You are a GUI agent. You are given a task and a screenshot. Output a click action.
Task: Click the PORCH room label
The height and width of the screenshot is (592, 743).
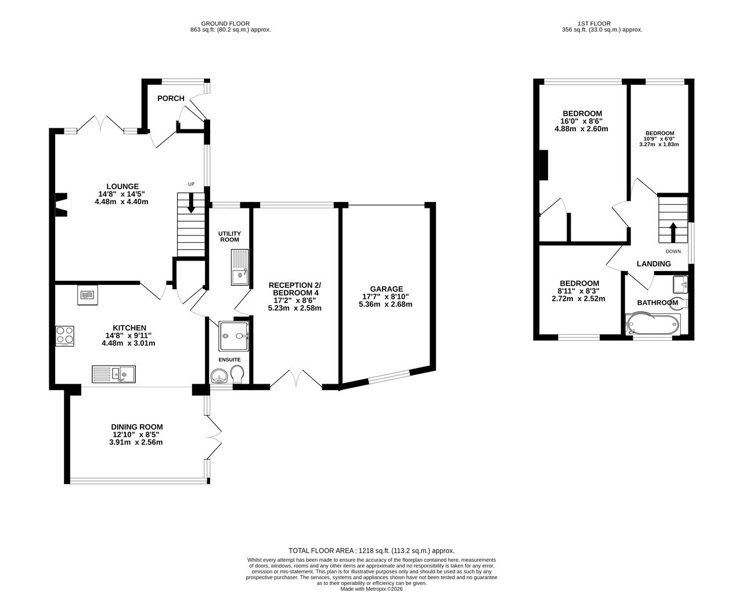171,99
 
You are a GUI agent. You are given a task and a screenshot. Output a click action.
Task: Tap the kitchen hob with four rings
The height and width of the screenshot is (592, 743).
64,335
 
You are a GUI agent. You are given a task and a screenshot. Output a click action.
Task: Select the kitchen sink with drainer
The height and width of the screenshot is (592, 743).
114,374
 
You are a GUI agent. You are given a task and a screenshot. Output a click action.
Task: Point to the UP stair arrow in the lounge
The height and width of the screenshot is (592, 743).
190,203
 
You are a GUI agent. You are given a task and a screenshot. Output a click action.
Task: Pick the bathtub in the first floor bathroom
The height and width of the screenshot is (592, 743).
652,324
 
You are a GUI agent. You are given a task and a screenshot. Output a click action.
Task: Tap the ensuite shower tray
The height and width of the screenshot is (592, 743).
233,336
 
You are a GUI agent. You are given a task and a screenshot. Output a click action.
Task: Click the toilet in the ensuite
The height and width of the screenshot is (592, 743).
237,374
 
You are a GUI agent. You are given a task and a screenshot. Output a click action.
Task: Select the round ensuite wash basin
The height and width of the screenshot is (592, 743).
218,376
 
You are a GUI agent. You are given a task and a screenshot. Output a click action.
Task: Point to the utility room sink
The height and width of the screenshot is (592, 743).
240,267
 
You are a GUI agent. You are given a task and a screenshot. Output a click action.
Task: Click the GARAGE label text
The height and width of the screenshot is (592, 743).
387,289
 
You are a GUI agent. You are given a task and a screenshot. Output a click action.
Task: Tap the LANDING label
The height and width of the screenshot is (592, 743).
654,263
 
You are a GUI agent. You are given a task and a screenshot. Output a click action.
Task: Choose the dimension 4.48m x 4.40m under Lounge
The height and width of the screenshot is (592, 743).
121,201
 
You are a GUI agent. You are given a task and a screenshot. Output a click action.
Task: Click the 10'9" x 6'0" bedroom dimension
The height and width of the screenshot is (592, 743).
659,139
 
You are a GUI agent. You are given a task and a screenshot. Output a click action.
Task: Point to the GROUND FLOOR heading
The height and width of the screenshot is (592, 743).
225,23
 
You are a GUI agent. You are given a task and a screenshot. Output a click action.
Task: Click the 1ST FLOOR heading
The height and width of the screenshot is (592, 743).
594,23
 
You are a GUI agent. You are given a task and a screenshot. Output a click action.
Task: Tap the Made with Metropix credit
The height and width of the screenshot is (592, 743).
371,589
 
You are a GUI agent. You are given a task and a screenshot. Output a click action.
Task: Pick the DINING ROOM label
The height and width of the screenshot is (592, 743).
137,427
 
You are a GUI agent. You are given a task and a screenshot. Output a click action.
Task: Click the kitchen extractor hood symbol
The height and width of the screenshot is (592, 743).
87,295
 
